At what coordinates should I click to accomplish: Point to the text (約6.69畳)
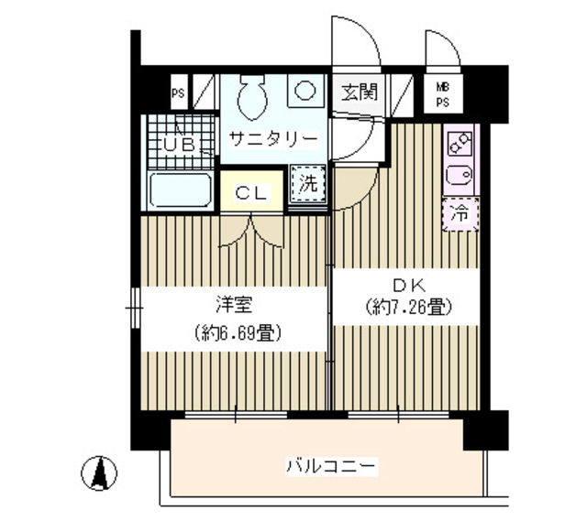(230, 331)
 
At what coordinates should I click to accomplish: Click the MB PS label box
(442, 92)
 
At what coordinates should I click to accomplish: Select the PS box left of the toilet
(177, 92)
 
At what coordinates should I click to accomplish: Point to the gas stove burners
(460, 142)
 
